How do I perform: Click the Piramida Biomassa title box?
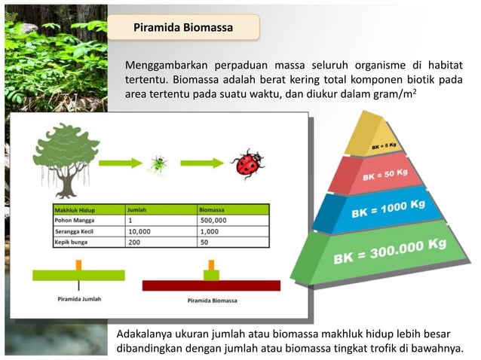[x=183, y=28]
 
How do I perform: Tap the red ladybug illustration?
[x=247, y=163]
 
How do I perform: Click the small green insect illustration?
[x=158, y=163]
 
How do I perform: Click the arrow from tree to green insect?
[x=121, y=163]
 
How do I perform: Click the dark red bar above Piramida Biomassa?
[x=211, y=285]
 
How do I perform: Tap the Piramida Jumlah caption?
[x=79, y=299]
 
